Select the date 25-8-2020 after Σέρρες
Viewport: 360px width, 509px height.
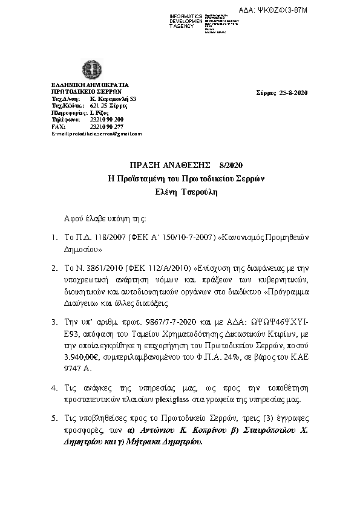295,92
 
